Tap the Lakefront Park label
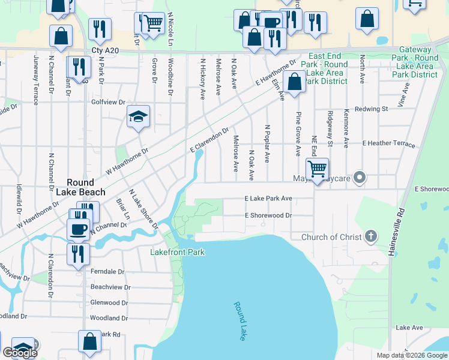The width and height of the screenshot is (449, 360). (x=177, y=252)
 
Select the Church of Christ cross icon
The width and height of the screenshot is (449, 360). (x=371, y=236)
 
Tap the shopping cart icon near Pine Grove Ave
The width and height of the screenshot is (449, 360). (x=317, y=169)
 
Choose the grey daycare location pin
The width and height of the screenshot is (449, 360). (x=360, y=178)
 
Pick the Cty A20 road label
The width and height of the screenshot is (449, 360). (x=105, y=52)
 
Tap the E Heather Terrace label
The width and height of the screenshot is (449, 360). (x=388, y=144)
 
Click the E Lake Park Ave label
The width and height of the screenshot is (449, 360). (x=268, y=198)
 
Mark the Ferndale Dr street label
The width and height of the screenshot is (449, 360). (x=107, y=272)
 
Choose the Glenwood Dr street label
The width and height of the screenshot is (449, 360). (x=109, y=302)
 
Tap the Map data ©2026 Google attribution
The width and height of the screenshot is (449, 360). (x=411, y=355)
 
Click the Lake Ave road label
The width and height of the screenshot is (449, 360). (x=409, y=328)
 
